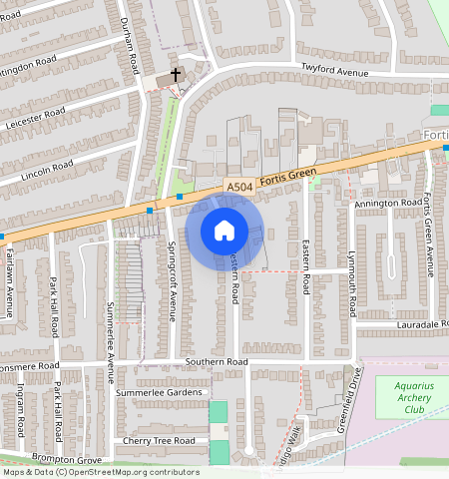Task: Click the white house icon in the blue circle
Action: click(224, 231)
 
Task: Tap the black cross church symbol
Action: click(176, 75)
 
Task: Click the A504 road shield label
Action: click(238, 187)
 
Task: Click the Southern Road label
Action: click(215, 361)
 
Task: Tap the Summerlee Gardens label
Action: click(161, 392)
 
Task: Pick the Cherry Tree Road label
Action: click(159, 440)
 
